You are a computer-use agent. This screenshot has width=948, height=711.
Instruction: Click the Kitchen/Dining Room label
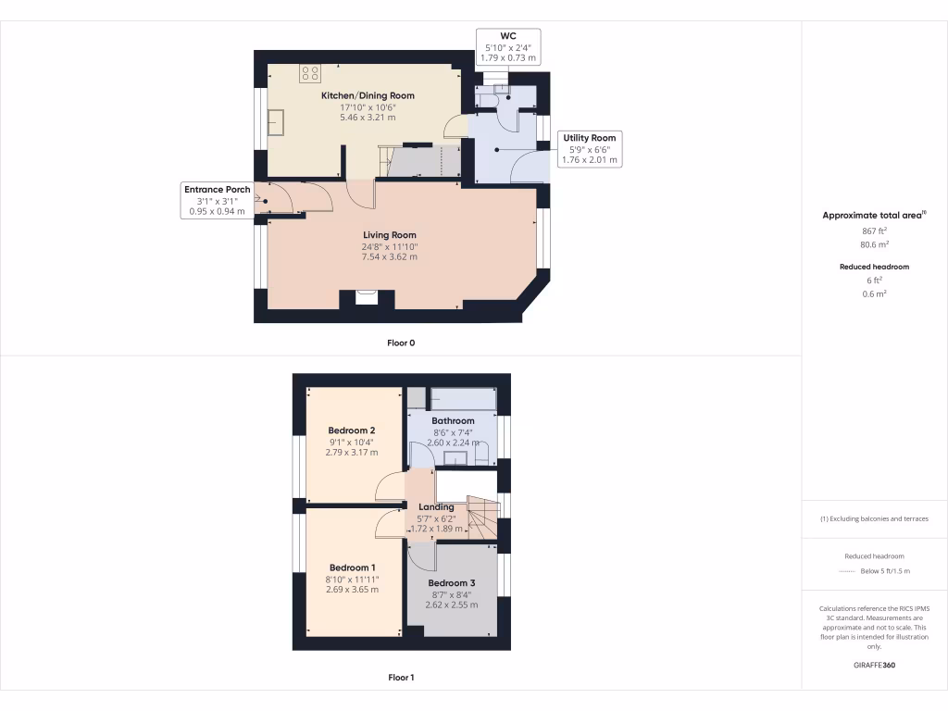tap(368, 95)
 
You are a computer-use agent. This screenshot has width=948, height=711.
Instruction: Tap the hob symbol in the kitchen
tap(309, 74)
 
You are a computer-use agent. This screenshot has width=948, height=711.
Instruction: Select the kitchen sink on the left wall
tap(276, 121)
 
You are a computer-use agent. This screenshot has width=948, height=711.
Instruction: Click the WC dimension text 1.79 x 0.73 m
tap(508, 57)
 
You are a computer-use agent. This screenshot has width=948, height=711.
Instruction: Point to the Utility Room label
tap(590, 138)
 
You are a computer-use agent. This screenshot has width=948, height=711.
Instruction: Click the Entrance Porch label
tap(217, 189)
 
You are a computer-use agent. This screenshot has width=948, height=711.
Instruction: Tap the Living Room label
tap(389, 235)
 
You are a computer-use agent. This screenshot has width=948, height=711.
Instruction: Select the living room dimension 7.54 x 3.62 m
tap(389, 256)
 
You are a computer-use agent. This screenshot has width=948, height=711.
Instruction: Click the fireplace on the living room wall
tap(368, 298)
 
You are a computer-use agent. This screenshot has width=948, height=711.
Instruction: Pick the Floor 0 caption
tap(401, 343)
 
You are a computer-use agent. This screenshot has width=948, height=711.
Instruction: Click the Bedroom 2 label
tap(351, 430)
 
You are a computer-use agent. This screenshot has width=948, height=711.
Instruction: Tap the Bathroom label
tap(454, 421)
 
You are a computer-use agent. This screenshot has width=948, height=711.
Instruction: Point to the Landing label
tap(436, 506)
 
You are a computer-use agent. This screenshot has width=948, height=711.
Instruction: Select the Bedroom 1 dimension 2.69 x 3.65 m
tap(351, 590)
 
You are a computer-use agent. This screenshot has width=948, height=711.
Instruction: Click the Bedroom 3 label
tap(452, 582)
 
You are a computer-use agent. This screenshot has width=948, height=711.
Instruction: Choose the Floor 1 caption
tap(401, 678)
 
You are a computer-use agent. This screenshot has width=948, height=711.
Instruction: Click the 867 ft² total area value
tap(874, 231)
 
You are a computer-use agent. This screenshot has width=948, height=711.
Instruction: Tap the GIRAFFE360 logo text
tap(874, 665)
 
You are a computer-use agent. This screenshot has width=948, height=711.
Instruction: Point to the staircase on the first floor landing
tap(481, 518)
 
